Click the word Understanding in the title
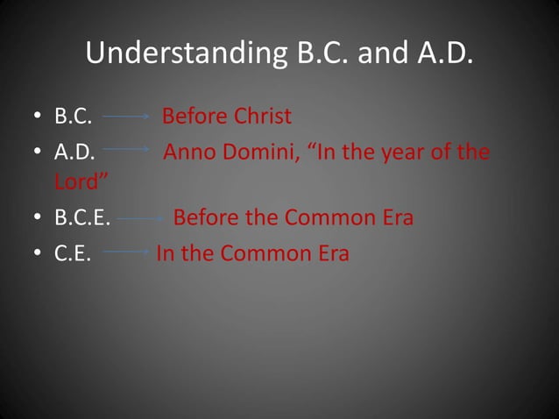pyautogui.click(x=184, y=53)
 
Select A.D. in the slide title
pyautogui.click(x=442, y=53)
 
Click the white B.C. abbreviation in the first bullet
pyautogui.click(x=74, y=117)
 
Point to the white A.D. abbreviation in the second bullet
pyautogui.click(x=74, y=152)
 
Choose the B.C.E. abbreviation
pyautogui.click(x=82, y=218)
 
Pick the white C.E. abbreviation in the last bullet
pyautogui.click(x=73, y=254)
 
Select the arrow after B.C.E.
pyautogui.click(x=140, y=219)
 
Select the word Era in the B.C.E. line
pyautogui.click(x=395, y=218)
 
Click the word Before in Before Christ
pyautogui.click(x=194, y=117)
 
